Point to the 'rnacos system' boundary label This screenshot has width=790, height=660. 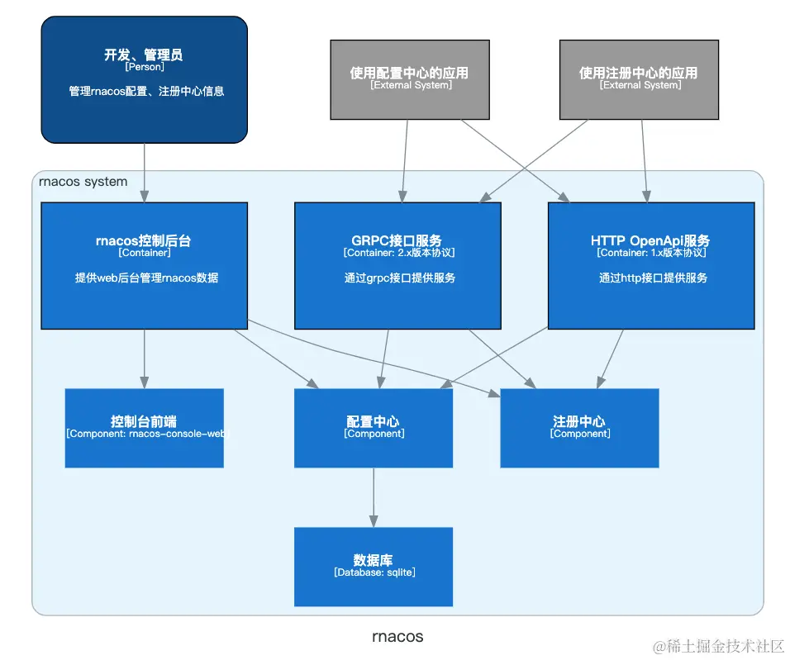tap(83, 182)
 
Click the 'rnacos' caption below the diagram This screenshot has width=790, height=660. tap(397, 637)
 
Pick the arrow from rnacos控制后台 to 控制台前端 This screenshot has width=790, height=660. tap(145, 358)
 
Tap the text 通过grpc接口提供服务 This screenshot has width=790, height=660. tap(400, 278)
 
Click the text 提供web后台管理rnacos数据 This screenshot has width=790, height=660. tap(146, 278)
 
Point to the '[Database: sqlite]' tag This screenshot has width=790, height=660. tap(374, 572)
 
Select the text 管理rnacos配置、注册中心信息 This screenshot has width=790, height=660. tap(146, 92)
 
